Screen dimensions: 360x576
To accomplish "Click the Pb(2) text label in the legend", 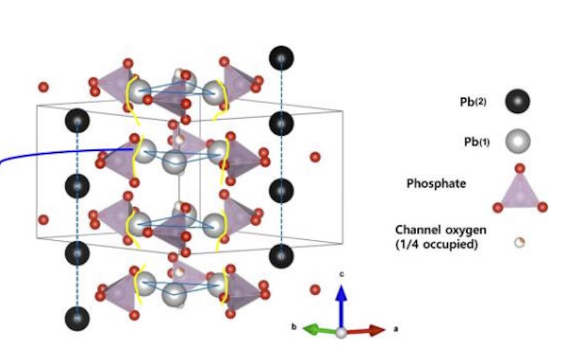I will point(474,102).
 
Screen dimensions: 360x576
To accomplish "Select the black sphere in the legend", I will point(518,101).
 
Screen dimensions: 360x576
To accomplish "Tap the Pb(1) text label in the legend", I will point(474,142).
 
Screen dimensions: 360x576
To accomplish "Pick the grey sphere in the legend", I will point(518,142).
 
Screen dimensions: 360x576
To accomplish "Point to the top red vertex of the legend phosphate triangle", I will point(520,168).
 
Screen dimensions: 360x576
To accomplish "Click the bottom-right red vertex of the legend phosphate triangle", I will point(542,207).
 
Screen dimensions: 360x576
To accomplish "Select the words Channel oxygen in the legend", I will point(435,230).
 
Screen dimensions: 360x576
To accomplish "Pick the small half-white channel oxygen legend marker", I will point(520,241).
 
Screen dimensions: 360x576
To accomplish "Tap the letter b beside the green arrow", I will point(294,328).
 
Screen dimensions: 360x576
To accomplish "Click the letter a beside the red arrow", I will point(396,329).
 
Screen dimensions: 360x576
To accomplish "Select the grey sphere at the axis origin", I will point(341,333).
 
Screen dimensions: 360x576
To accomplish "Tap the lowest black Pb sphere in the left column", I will point(77,318).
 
